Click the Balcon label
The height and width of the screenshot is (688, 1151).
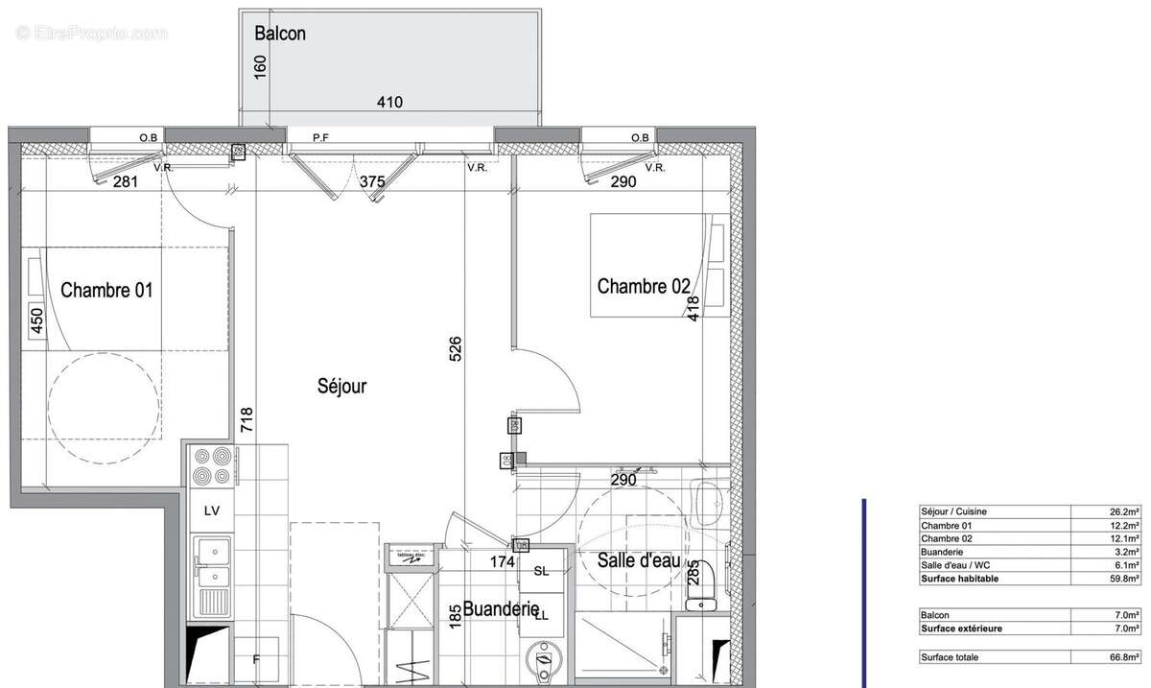(x=280, y=34)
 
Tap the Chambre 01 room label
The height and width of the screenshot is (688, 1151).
(x=106, y=290)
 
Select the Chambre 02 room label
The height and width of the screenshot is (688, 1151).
(x=643, y=286)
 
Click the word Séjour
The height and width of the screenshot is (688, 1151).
(x=342, y=387)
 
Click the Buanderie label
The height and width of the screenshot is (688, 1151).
(x=500, y=608)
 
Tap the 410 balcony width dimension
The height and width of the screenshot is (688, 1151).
(x=388, y=103)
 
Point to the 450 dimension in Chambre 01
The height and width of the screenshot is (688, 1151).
(x=37, y=320)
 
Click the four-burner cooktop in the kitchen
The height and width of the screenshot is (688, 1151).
(x=212, y=467)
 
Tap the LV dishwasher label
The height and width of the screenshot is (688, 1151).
(x=212, y=511)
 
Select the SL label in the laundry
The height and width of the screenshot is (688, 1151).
(x=541, y=572)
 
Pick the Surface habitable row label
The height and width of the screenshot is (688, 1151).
(x=959, y=580)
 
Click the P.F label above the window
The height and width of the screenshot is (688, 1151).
(x=321, y=138)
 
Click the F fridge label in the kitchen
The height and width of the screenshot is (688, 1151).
(x=255, y=659)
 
